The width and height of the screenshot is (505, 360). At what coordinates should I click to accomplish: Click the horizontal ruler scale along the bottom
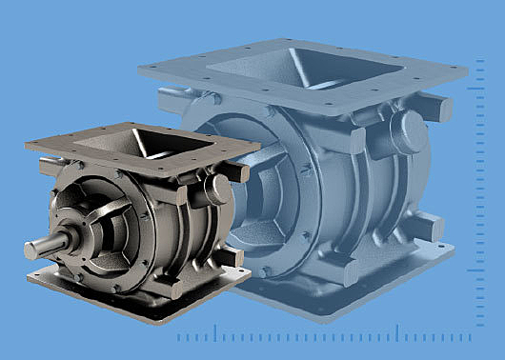(324, 334)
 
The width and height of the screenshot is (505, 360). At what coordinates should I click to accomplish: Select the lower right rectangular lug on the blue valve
(425, 227)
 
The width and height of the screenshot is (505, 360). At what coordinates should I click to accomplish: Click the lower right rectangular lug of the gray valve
(232, 258)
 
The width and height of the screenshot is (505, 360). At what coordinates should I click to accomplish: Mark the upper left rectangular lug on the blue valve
(172, 96)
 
